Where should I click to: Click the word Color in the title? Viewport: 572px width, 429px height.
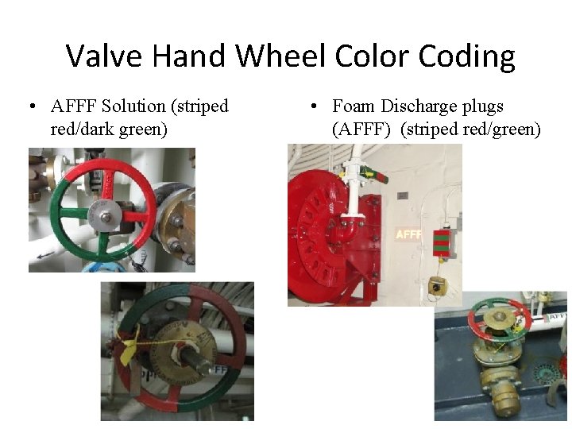point(370,56)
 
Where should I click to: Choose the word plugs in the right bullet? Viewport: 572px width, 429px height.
point(481,106)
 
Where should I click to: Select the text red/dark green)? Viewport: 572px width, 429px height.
point(109,128)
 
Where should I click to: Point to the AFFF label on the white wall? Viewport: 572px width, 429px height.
point(408,234)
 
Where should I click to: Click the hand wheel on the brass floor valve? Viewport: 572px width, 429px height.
point(499,316)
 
